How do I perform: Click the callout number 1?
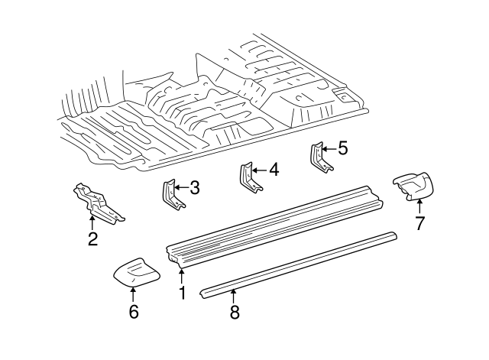[182, 292]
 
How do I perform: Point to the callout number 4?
[273, 170]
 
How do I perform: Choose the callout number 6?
[134, 311]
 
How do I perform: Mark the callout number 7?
[419, 223]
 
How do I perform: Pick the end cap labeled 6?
[134, 271]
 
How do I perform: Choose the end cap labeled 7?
[413, 186]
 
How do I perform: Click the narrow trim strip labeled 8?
[298, 261]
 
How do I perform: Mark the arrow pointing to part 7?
[419, 205]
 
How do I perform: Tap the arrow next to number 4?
[257, 170]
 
